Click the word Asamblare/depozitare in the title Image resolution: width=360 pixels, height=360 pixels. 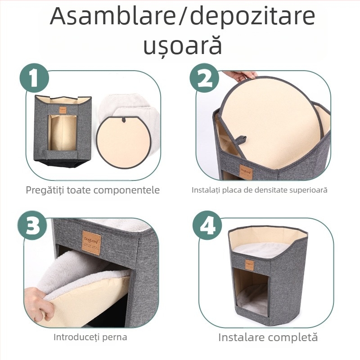182,17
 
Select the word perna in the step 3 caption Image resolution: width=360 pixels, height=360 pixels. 115,337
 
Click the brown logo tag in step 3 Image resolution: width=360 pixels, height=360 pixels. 91,243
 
